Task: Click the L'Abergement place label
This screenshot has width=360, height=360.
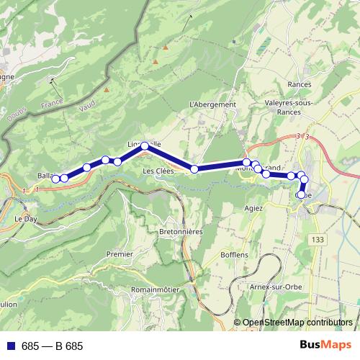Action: pyautogui.click(x=212, y=104)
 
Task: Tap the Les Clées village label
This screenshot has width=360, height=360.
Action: pyautogui.click(x=158, y=171)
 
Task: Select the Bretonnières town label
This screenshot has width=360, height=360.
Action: pyautogui.click(x=180, y=232)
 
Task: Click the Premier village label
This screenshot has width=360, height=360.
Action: pyautogui.click(x=120, y=254)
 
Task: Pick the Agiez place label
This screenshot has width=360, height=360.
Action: pyautogui.click(x=253, y=208)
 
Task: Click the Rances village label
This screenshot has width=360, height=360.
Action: pyautogui.click(x=299, y=84)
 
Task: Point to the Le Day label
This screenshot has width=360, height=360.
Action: pyautogui.click(x=26, y=217)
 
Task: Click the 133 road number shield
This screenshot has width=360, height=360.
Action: pyautogui.click(x=318, y=238)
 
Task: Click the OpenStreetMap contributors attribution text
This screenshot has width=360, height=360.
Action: pyautogui.click(x=297, y=323)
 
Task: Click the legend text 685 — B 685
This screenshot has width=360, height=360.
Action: pyautogui.click(x=53, y=346)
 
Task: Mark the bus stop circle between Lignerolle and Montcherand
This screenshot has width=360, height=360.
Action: pyautogui.click(x=194, y=169)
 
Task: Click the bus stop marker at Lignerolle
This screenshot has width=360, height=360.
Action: pyautogui.click(x=145, y=146)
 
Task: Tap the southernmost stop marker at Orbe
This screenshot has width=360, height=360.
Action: pyautogui.click(x=301, y=194)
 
